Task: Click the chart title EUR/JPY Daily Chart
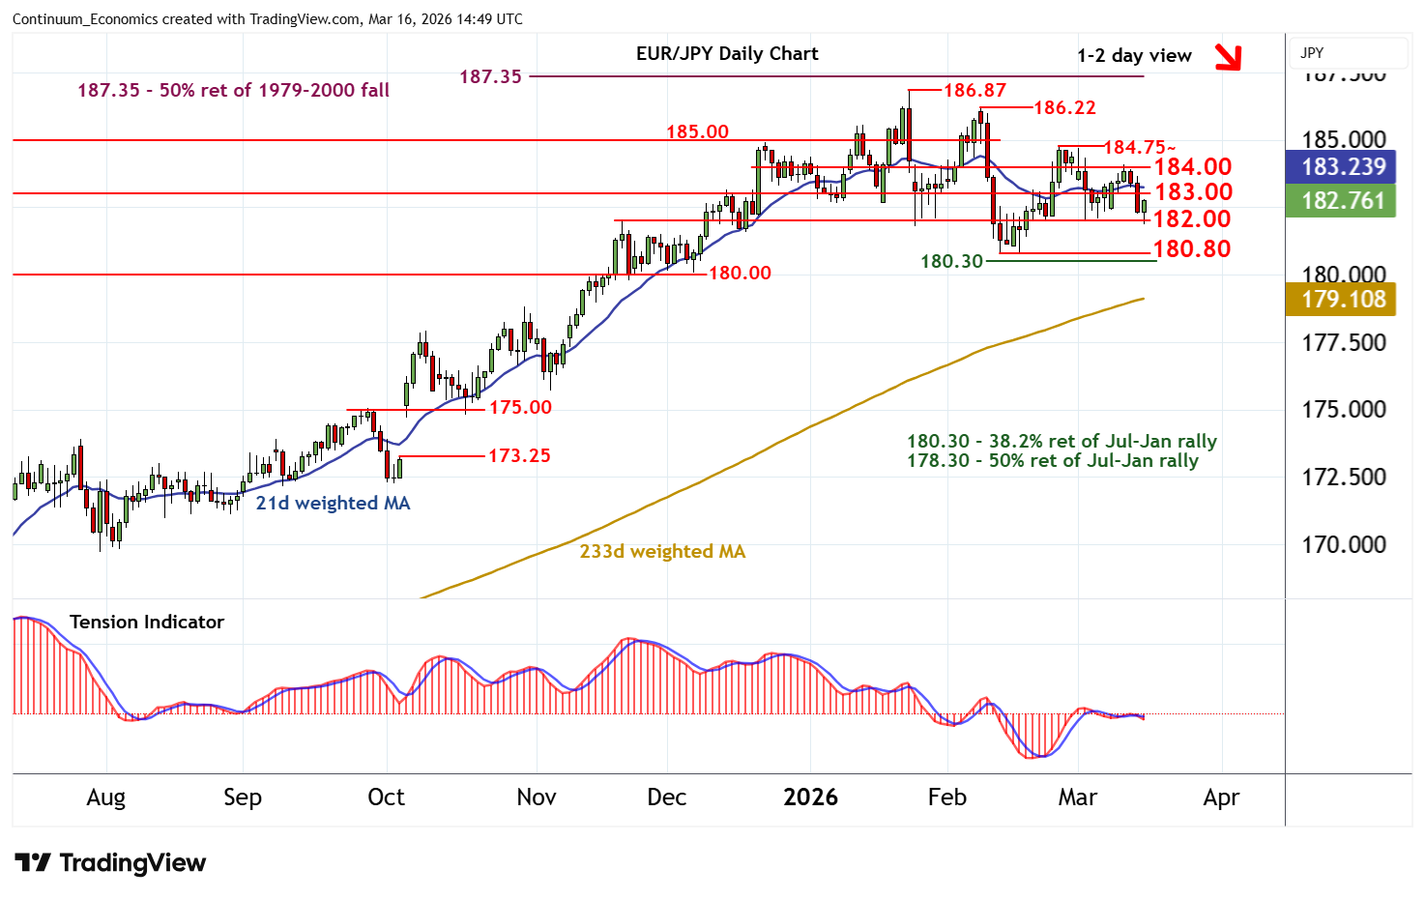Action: coord(726,54)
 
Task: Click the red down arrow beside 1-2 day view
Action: coord(1228,57)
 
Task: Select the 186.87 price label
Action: coord(974,91)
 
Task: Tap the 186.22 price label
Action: coord(1064,108)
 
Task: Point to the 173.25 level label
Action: coord(519,455)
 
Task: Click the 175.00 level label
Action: coord(520,408)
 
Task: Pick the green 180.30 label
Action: coord(951,261)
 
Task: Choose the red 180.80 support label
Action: coord(1192,249)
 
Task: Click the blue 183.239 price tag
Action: coord(1343,166)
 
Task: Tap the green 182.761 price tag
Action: coord(1343,201)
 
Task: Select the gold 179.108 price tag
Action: coord(1343,300)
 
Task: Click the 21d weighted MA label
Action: coord(333,504)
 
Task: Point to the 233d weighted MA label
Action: coord(662,552)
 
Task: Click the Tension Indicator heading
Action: coord(147,623)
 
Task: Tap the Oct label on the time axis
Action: coord(386,797)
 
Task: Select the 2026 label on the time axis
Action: coord(810,797)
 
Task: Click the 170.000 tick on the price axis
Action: coord(1343,545)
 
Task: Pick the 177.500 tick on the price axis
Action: coord(1343,343)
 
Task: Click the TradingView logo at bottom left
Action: coord(110,863)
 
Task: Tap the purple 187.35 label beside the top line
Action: coord(490,77)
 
